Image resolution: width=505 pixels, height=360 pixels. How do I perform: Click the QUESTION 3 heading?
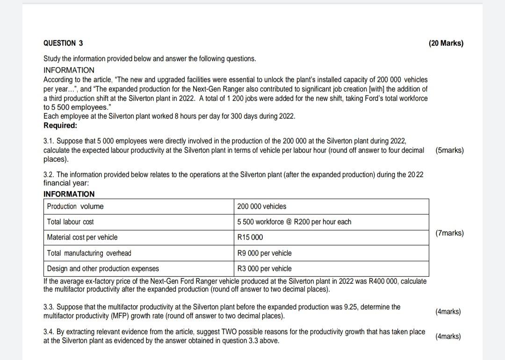pyautogui.click(x=63, y=43)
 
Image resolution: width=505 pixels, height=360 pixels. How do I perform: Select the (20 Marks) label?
pyautogui.click(x=446, y=43)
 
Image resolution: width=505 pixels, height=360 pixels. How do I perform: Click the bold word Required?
pyautogui.click(x=60, y=125)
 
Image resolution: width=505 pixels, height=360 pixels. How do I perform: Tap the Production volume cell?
pyautogui.click(x=75, y=206)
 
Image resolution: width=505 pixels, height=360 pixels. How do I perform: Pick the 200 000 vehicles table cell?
pyautogui.click(x=262, y=206)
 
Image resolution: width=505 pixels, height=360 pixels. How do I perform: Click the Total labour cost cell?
pyautogui.click(x=71, y=222)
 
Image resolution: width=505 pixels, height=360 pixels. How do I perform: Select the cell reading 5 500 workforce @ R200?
pyautogui.click(x=294, y=222)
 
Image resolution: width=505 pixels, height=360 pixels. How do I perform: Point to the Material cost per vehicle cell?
pyautogui.click(x=82, y=237)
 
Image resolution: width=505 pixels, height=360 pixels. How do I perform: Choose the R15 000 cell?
pyautogui.click(x=250, y=237)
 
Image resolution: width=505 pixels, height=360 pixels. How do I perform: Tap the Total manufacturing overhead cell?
pyautogui.click(x=89, y=253)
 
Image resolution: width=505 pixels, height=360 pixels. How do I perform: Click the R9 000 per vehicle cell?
pyautogui.click(x=264, y=253)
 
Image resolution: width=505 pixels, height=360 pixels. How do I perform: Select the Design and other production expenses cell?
pyautogui.click(x=103, y=268)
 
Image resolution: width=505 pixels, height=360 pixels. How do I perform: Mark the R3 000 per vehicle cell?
pyautogui.click(x=264, y=268)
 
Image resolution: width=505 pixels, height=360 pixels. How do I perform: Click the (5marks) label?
pyautogui.click(x=449, y=151)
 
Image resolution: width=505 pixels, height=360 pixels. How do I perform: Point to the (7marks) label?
pyautogui.click(x=449, y=233)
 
